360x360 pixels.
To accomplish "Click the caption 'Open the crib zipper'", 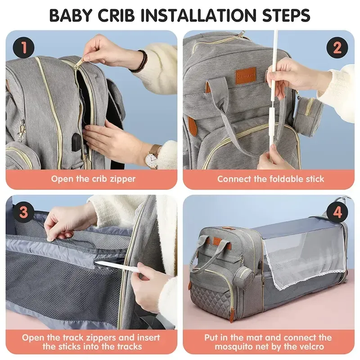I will pos(93,179).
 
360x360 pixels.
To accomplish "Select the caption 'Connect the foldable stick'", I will pos(270,179).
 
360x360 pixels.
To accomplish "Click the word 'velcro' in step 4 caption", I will pos(318,346).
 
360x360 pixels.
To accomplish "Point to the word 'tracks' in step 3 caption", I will pos(126,346).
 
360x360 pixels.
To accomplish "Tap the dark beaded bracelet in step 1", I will pos(143,61).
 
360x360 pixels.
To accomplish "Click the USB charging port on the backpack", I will pos(76,140).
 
